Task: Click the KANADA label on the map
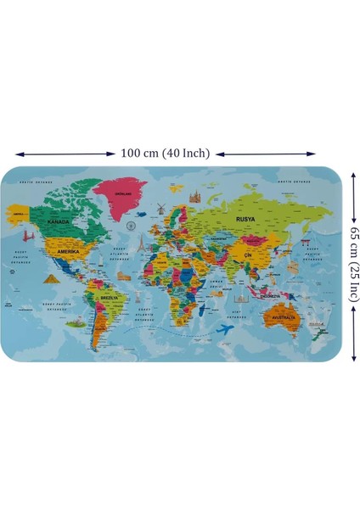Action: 58,221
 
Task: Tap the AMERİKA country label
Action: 67,252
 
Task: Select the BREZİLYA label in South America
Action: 110,298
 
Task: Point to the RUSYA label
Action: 245,218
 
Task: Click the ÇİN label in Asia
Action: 248,255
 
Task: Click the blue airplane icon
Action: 227,328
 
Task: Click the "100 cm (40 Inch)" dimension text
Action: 166,154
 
